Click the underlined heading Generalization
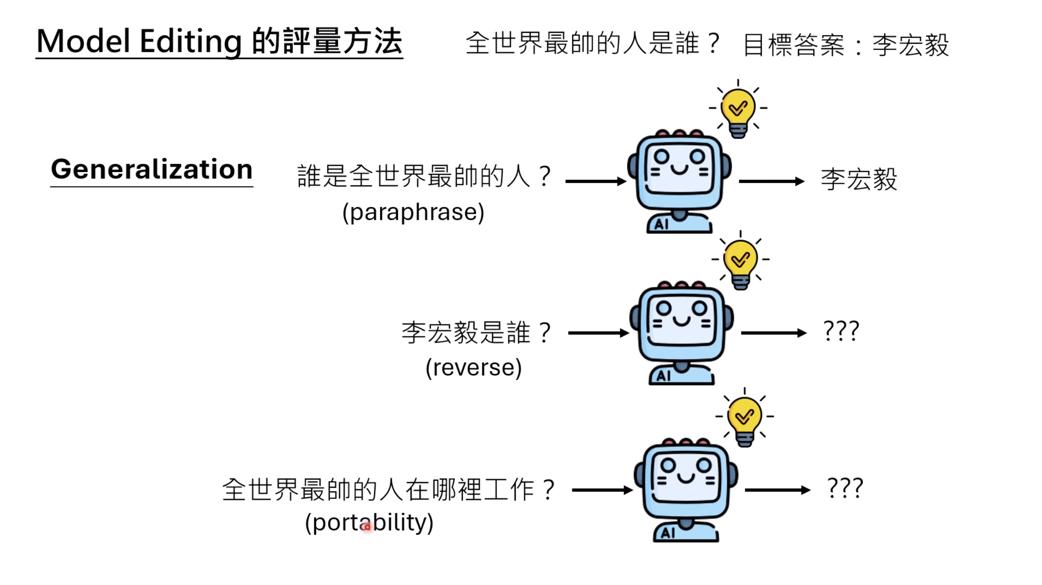151,169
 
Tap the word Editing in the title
190,42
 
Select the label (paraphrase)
413,213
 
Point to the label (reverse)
473,368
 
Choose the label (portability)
369,523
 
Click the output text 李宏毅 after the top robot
859,179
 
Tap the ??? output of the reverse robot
841,331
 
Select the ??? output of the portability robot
845,488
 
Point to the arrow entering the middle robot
598,333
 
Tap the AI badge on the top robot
661,224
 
